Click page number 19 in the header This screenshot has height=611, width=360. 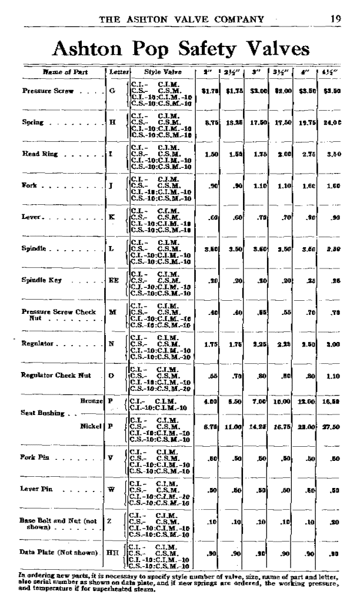pyautogui.click(x=335, y=18)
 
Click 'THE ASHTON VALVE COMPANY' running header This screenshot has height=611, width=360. pyautogui.click(x=182, y=18)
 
